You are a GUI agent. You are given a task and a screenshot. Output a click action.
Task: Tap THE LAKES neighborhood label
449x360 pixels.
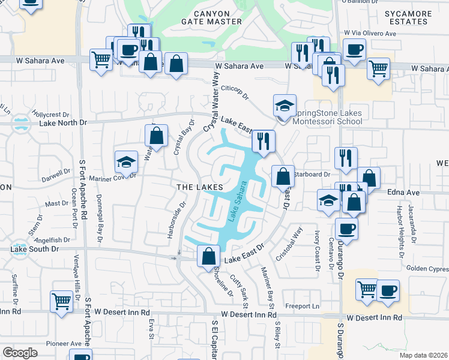pos(200,187)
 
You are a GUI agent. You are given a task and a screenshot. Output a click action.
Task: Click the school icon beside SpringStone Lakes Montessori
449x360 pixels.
pos(285,106)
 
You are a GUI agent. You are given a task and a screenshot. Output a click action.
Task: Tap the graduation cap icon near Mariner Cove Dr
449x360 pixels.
pos(126,161)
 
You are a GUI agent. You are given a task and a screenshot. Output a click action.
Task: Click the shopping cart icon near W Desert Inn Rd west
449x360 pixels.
pos(61,301)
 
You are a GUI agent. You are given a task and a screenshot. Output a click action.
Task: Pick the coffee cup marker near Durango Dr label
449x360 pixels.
pos(346,229)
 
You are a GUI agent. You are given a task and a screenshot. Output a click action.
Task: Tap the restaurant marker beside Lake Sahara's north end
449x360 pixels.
pos(263,142)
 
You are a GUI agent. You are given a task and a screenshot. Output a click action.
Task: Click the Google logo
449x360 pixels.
pos(20,353)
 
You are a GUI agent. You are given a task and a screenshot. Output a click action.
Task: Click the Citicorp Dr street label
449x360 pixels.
pos(235,91)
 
